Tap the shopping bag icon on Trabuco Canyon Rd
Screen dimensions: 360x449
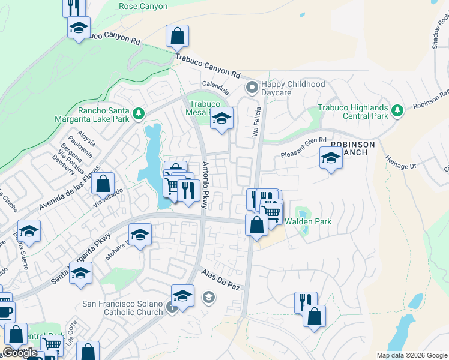click(178, 37)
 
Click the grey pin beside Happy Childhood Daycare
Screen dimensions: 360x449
click(252, 88)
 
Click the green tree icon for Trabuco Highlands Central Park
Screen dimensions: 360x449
click(397, 110)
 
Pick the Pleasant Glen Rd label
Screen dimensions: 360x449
click(303, 148)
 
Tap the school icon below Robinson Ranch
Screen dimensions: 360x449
click(330, 159)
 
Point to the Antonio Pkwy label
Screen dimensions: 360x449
click(205, 185)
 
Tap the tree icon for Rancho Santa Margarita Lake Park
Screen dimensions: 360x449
click(139, 112)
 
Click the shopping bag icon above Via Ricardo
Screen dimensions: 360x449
click(103, 183)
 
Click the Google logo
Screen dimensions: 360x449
click(20, 353)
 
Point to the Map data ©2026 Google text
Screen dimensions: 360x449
click(411, 355)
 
